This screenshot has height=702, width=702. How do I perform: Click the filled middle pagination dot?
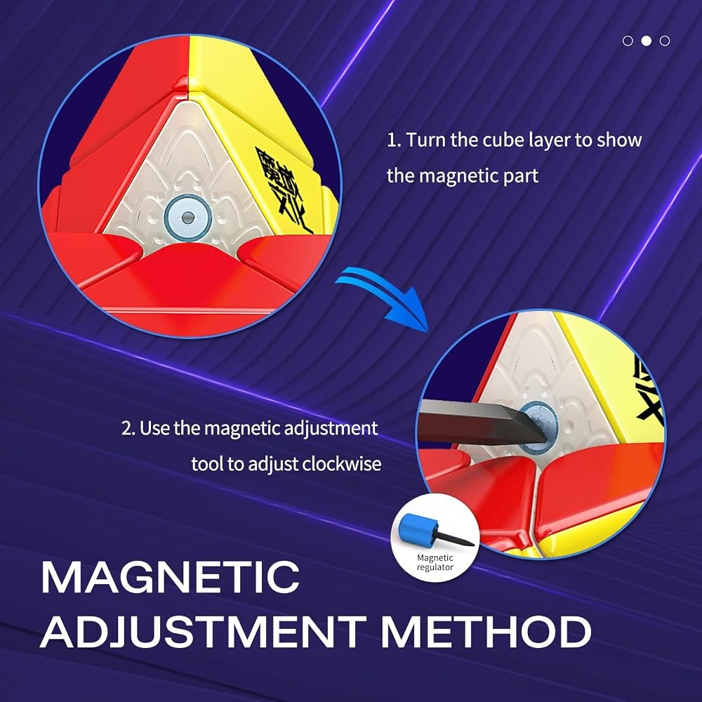646,41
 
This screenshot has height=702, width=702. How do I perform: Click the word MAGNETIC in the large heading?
170,578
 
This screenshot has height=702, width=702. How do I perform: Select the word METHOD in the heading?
486,632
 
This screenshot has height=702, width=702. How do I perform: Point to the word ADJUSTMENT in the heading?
203,632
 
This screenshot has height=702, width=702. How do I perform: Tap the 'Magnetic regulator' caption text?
435,562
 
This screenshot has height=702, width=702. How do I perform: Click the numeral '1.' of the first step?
394,140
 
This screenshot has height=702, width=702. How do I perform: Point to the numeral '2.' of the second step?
128,428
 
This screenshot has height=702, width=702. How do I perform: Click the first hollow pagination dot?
628,41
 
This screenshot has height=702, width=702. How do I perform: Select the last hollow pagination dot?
665,41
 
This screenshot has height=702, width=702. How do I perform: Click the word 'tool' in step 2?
207,463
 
